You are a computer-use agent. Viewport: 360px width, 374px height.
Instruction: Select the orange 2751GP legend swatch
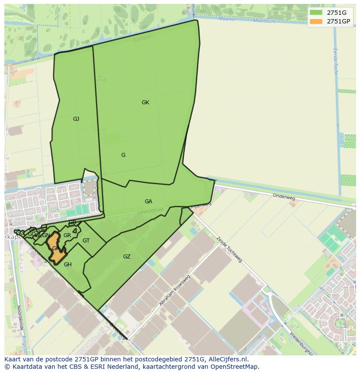point(316,21)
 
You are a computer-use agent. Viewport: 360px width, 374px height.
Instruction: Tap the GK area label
point(145,103)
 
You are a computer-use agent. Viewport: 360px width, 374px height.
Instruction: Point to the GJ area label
point(76,119)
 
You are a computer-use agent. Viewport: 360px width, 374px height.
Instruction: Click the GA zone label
point(148,202)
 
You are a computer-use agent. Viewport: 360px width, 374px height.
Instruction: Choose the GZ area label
point(127,257)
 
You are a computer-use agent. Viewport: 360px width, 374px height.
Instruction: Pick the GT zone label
point(86,241)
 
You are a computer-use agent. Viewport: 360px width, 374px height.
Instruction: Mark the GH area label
point(68,264)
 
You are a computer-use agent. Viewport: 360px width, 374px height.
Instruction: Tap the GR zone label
point(67,235)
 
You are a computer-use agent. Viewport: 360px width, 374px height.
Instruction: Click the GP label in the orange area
point(55,248)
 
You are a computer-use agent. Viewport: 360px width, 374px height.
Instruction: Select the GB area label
point(73,223)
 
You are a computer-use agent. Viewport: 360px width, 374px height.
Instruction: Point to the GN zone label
point(46,235)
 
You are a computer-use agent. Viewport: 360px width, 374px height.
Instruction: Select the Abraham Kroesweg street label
point(175,290)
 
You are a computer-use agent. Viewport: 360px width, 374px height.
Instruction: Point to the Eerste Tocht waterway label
point(335,61)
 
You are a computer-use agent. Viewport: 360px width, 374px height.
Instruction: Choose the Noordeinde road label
point(20,318)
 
